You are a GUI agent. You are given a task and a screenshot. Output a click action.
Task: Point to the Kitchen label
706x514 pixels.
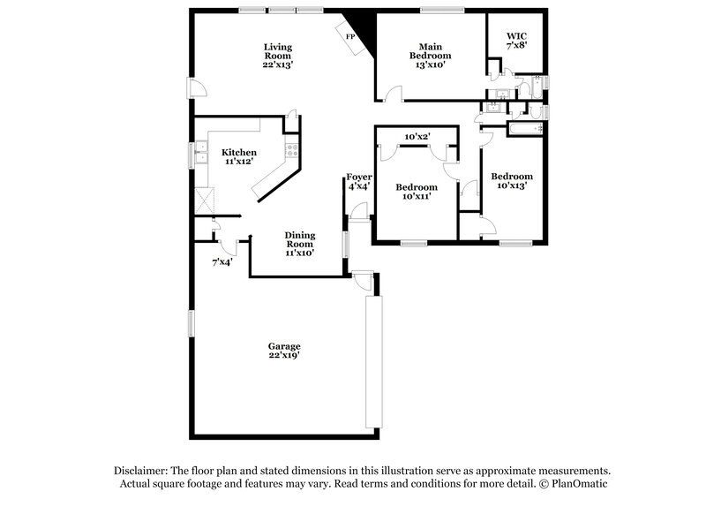239,156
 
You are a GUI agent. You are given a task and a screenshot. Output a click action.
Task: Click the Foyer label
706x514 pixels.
358,181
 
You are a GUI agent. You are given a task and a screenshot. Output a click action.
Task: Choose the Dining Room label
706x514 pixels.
300,243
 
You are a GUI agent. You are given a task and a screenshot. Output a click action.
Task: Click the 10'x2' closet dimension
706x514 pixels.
417,137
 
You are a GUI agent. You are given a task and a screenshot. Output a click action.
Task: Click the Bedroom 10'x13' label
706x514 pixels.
512,180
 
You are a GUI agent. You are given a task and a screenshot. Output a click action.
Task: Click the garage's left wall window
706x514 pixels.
191,323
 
